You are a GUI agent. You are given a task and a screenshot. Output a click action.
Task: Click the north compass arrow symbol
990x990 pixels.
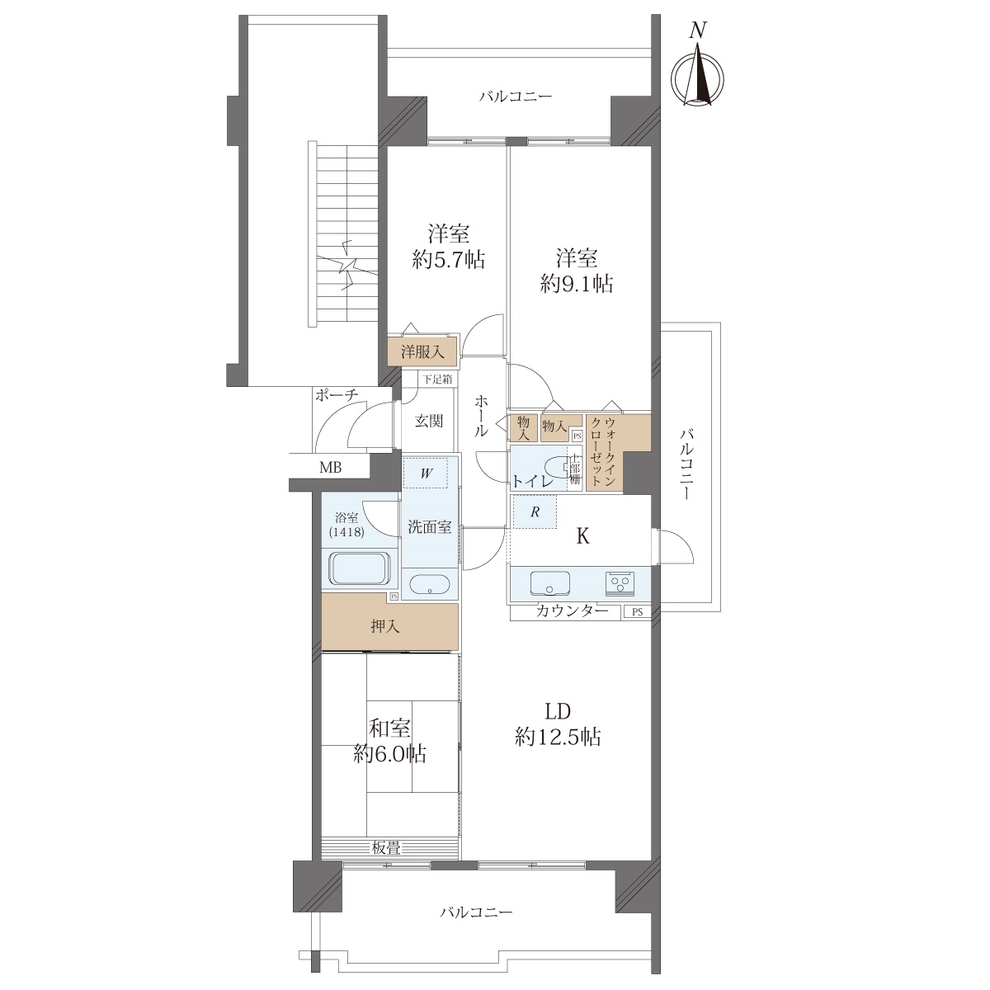698,73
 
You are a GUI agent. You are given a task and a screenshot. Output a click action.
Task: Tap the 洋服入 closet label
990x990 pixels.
422,352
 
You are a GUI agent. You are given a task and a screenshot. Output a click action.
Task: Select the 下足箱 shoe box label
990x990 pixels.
437,379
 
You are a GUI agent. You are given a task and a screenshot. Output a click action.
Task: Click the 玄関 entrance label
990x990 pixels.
428,422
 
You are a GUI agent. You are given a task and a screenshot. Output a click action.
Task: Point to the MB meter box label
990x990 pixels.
330,468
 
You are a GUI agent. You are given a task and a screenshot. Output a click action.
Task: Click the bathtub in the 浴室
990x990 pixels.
361,568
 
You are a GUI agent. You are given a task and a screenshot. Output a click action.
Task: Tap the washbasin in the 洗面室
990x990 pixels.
430,586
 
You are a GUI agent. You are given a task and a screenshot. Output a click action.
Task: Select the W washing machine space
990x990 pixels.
426,474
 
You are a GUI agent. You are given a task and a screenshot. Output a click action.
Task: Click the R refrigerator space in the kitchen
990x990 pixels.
535,511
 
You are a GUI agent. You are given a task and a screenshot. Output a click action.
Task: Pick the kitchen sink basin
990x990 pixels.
549,583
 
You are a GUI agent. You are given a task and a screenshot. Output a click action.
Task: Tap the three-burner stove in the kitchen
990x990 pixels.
620,583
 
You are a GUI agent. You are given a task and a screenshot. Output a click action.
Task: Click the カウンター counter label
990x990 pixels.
572,610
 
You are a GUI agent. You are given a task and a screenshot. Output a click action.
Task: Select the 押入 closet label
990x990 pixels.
384,627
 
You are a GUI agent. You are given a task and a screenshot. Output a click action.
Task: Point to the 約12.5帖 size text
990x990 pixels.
558,738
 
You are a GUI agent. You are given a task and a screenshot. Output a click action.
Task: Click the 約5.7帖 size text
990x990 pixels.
449,261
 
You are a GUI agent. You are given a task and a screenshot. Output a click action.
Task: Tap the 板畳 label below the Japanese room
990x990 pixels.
386,848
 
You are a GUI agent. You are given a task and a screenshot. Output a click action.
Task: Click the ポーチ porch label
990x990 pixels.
337,395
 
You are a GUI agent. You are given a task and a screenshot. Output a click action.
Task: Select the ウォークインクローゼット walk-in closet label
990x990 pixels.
604,452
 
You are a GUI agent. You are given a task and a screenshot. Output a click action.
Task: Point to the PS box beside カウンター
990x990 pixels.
637,612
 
